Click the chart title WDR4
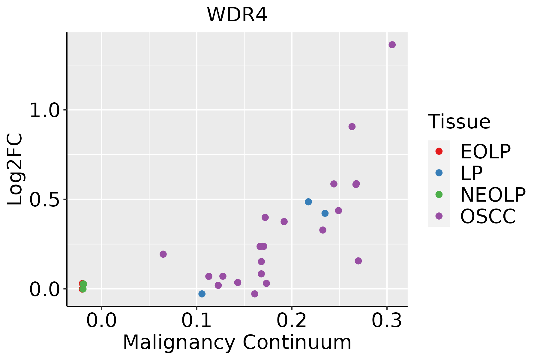[x=237, y=15]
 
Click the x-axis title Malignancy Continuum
[x=237, y=342]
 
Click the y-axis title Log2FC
[x=15, y=169]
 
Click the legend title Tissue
[x=459, y=122]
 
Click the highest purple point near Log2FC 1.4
[x=392, y=45]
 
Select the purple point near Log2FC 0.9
[x=352, y=127]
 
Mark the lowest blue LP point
[x=202, y=294]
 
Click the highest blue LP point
[x=308, y=202]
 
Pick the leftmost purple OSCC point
[x=163, y=254]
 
